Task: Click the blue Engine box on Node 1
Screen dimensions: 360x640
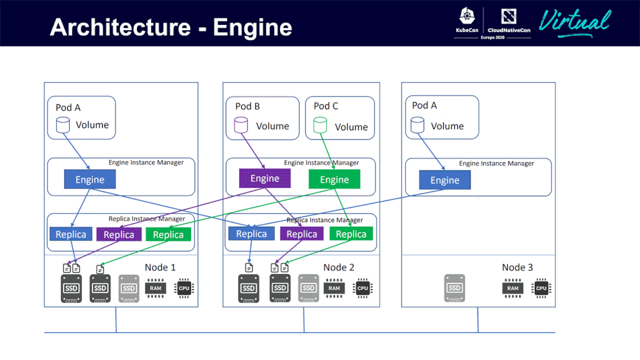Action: (x=90, y=180)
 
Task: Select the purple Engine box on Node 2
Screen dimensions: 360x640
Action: (x=265, y=179)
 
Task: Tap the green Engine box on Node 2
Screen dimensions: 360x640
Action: (x=334, y=180)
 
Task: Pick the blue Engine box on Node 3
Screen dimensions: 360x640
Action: (x=444, y=180)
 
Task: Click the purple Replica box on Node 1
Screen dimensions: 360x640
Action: (x=119, y=235)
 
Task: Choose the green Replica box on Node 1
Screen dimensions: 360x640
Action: (x=168, y=235)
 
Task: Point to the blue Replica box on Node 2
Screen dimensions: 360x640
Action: (x=251, y=234)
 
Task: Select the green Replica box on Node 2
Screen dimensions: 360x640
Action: (x=351, y=234)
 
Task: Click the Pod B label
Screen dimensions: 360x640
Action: (x=247, y=106)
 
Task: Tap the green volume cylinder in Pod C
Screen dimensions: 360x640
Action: (x=320, y=125)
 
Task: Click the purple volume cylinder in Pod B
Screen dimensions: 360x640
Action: (x=241, y=125)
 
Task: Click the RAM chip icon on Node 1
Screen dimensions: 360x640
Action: (x=155, y=288)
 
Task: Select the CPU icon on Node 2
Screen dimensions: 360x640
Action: (x=362, y=288)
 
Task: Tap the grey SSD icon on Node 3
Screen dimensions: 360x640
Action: (x=454, y=288)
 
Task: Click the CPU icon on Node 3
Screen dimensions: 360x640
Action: (x=541, y=288)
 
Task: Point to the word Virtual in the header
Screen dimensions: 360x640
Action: (x=574, y=23)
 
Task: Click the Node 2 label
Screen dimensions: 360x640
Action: (x=339, y=267)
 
